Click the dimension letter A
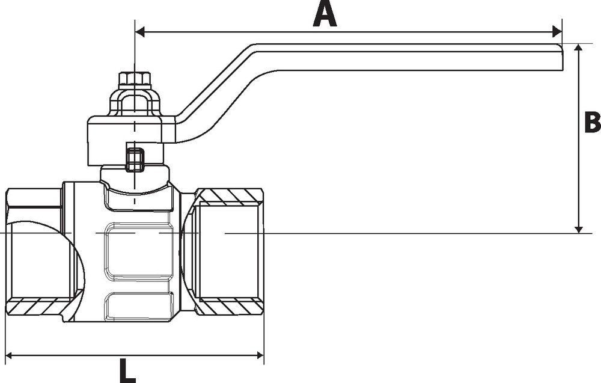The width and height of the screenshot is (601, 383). [x=325, y=14]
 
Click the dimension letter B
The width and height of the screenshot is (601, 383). [x=592, y=122]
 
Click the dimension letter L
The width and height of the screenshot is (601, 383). [x=127, y=371]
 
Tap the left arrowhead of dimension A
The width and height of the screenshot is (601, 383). [x=140, y=32]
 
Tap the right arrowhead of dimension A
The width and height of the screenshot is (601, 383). [x=557, y=32]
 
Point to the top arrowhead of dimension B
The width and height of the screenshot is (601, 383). [x=579, y=48]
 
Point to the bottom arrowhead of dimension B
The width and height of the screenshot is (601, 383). [x=579, y=228]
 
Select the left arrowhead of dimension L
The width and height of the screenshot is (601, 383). [x=10, y=355]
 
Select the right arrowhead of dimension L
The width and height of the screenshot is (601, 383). [x=260, y=355]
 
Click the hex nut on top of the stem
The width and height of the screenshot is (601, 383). [x=134, y=79]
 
